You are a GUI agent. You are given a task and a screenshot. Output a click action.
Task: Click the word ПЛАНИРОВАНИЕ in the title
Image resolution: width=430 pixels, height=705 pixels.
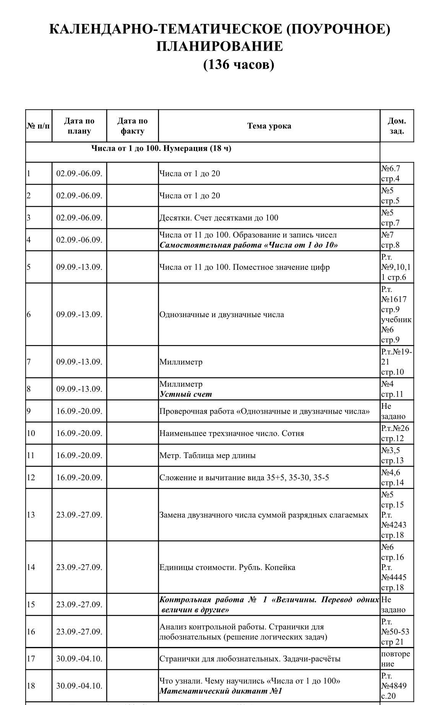pos(219,47)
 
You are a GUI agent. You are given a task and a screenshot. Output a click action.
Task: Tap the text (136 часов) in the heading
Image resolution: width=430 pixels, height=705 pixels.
pos(239,65)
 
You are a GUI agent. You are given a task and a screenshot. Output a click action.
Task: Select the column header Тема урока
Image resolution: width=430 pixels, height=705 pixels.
pos(269,126)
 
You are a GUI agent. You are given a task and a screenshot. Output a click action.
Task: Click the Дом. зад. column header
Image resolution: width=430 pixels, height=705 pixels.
pos(397,126)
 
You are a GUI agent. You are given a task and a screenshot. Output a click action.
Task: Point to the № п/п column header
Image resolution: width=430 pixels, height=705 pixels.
pos(39,126)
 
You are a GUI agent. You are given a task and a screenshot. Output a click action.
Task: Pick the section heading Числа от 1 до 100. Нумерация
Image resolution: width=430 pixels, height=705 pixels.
pos(161,148)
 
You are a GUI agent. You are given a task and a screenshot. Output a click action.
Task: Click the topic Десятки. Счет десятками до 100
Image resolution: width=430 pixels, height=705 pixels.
pos(219,218)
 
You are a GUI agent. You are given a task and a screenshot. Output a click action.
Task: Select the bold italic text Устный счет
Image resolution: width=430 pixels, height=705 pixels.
pos(185,394)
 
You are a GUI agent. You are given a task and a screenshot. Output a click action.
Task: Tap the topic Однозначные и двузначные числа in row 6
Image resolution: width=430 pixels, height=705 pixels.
pos(221,315)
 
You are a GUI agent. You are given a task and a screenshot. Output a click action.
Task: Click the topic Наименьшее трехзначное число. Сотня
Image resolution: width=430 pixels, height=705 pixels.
pos(231,433)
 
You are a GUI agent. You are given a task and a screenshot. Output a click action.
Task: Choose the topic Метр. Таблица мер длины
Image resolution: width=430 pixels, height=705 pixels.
pos(207,455)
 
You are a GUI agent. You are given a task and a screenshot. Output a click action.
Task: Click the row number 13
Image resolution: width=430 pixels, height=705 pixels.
pos(31,515)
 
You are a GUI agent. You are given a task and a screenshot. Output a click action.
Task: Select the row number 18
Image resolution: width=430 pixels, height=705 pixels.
pos(31,686)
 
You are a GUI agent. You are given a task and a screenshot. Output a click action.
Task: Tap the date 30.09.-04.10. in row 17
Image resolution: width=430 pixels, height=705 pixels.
pos(79,659)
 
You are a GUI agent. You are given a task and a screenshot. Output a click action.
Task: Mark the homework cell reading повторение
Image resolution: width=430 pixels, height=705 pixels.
pos(395,658)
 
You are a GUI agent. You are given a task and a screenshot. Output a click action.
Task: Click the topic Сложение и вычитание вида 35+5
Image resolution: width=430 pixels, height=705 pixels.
pos(244,478)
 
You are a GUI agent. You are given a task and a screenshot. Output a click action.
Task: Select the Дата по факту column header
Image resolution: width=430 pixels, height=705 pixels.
pos(132,126)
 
